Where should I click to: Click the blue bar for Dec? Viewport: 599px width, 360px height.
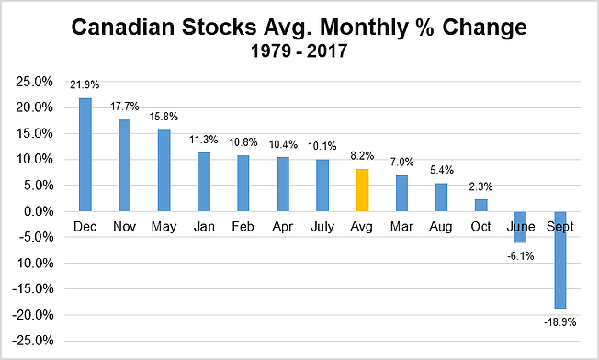[85, 154]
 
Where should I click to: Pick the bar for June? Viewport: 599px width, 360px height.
[520, 227]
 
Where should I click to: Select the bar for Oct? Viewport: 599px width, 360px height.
[480, 206]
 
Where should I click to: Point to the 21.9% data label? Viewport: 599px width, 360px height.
[85, 84]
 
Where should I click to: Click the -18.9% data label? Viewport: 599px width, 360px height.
[559, 322]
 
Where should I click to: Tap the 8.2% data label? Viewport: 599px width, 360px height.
[362, 156]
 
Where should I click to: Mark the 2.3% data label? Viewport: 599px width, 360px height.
[480, 186]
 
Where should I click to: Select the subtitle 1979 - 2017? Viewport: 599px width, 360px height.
[299, 52]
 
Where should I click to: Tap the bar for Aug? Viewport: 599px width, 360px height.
[441, 197]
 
